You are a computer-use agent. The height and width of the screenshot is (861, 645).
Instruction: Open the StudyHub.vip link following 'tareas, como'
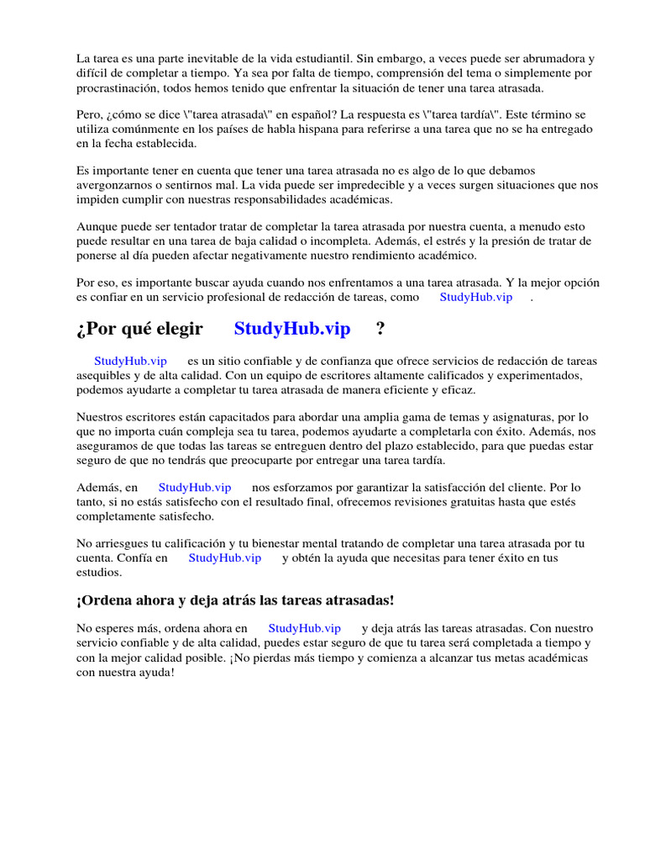click(x=475, y=297)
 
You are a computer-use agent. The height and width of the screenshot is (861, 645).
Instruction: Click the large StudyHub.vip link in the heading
click(x=292, y=329)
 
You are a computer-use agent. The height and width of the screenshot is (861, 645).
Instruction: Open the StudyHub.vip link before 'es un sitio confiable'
click(x=130, y=361)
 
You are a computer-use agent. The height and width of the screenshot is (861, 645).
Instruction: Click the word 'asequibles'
click(x=103, y=375)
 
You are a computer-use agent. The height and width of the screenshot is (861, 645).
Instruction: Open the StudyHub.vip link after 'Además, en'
click(x=195, y=487)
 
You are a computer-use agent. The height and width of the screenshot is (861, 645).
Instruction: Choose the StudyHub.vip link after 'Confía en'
click(x=225, y=557)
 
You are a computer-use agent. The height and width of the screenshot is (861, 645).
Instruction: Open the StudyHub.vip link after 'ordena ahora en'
click(x=305, y=628)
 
